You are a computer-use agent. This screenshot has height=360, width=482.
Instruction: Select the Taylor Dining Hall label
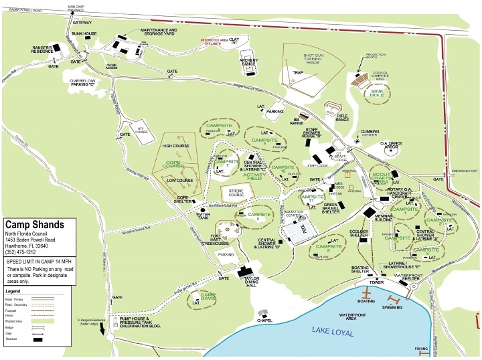point(252,280)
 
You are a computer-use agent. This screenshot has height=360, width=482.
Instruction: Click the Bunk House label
point(86,33)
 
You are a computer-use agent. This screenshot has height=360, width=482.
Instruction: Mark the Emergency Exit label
point(465,171)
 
